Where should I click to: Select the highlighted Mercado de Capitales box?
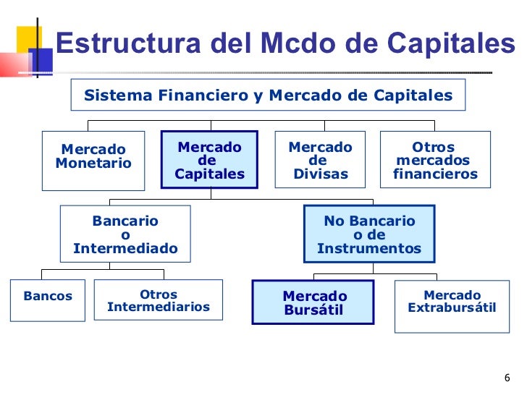(209, 160)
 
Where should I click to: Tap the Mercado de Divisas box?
(320, 160)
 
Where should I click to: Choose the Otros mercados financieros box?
(435, 160)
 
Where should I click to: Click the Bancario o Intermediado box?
(125, 234)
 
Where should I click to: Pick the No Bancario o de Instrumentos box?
(369, 234)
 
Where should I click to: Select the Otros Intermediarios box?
(159, 300)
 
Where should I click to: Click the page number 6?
(507, 378)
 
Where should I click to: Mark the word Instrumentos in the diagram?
(369, 248)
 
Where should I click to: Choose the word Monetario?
(93, 163)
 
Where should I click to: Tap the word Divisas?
(321, 174)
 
